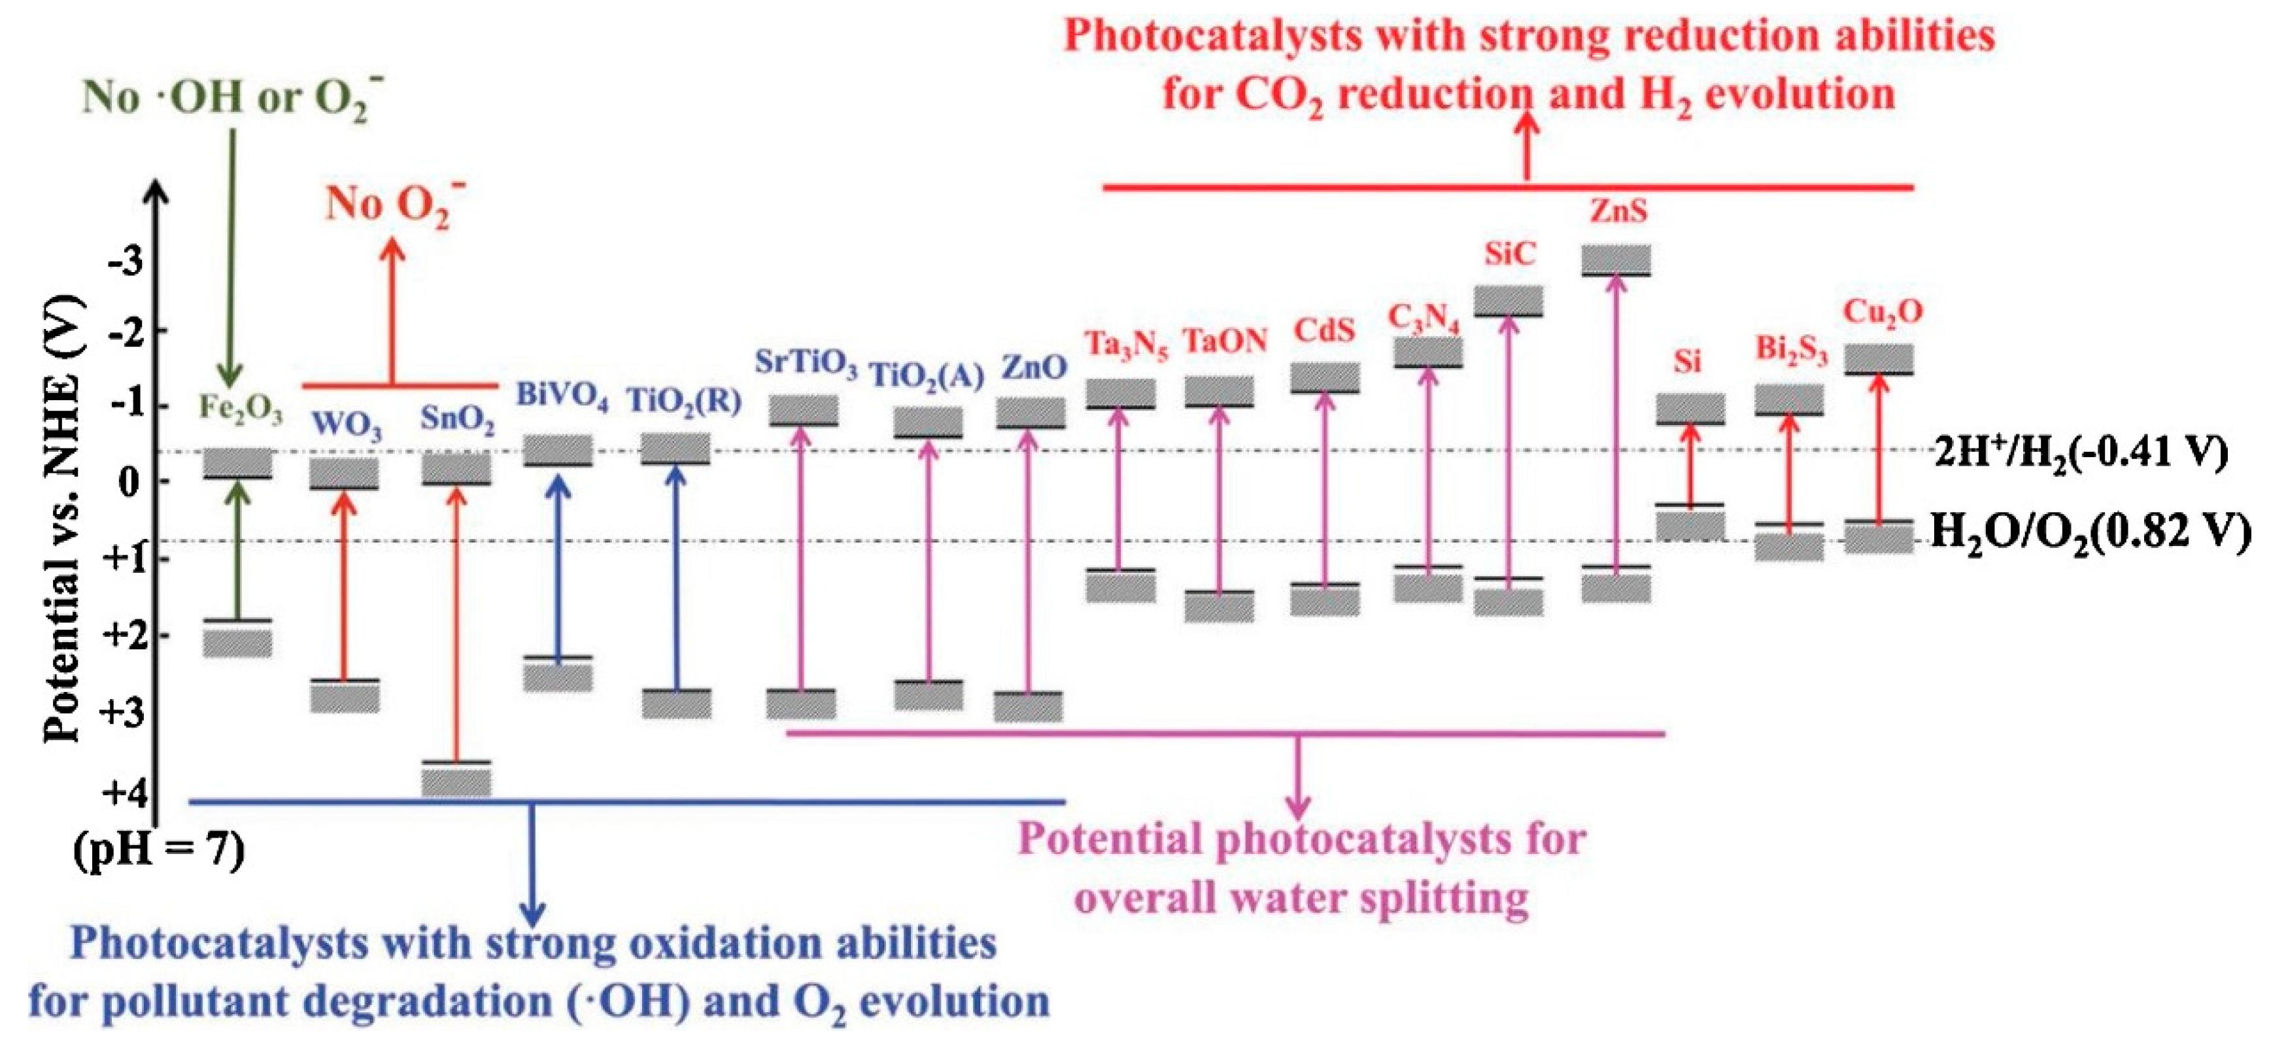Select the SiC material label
(x=1510, y=254)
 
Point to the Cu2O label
(x=1883, y=313)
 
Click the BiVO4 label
(x=562, y=396)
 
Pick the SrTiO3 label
(x=805, y=364)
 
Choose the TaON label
(x=1224, y=341)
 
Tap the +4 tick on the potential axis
(x=124, y=794)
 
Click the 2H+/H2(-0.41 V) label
(x=2079, y=454)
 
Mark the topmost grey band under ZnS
(x=1616, y=259)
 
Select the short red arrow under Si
(x=1688, y=464)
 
